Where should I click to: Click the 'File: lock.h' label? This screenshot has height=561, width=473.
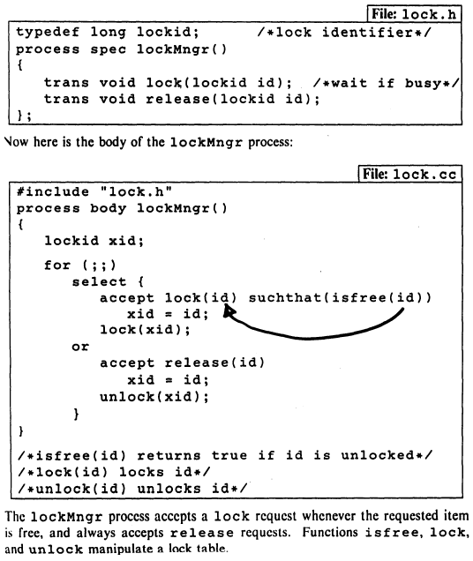click(x=414, y=14)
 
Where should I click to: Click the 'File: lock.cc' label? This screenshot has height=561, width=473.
click(x=409, y=175)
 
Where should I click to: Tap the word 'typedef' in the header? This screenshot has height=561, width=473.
click(x=48, y=33)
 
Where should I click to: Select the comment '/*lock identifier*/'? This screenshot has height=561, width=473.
click(x=344, y=33)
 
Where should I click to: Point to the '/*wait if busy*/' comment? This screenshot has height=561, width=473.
click(x=386, y=83)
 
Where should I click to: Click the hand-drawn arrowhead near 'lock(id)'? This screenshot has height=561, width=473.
click(x=229, y=311)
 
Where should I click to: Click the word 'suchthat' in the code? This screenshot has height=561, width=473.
click(x=285, y=297)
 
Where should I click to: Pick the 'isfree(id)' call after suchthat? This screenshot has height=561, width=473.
click(x=378, y=297)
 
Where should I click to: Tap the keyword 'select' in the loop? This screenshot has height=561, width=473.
click(x=99, y=281)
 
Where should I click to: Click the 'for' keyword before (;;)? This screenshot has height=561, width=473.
click(x=57, y=266)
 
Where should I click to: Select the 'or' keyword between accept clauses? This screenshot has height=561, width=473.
click(x=80, y=347)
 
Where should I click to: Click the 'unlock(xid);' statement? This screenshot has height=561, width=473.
click(x=154, y=396)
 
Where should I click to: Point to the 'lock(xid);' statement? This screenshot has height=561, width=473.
click(x=145, y=329)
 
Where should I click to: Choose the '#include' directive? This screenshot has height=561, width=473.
click(x=53, y=191)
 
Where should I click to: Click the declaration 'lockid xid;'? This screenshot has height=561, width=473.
click(x=94, y=241)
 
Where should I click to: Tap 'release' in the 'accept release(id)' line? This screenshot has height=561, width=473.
click(x=197, y=363)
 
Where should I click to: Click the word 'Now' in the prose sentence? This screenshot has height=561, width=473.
click(x=17, y=142)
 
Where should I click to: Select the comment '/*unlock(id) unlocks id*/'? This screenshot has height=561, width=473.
click(x=132, y=489)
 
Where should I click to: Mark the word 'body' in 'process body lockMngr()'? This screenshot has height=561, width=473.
click(x=109, y=208)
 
